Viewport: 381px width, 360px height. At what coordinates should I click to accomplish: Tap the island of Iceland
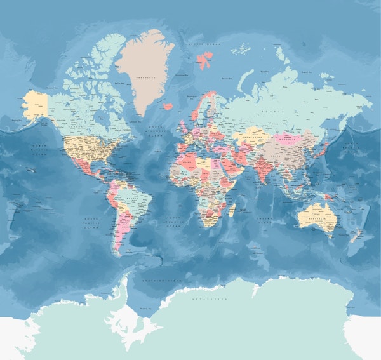click(x=168, y=107)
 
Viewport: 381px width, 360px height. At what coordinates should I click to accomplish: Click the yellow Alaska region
click(x=36, y=103)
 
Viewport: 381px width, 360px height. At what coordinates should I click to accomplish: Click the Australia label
click(x=314, y=217)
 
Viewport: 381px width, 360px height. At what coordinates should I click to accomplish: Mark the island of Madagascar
click(x=232, y=209)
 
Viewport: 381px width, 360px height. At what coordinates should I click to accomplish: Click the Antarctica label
click(x=209, y=298)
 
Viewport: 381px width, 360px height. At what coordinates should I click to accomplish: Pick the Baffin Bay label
click(x=118, y=83)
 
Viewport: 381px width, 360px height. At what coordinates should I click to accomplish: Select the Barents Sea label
click(x=227, y=78)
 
